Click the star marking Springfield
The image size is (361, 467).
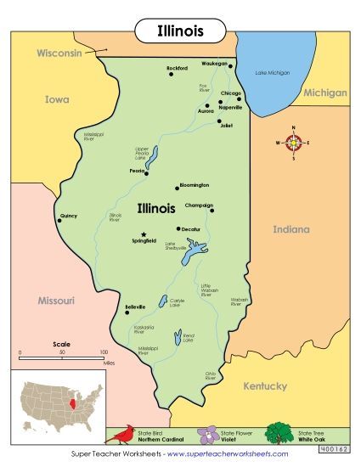click(x=144, y=234)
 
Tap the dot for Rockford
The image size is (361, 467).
click(x=171, y=74)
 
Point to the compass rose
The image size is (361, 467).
click(x=294, y=143)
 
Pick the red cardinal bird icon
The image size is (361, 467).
click(x=124, y=435)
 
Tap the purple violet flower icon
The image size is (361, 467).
click(x=206, y=435)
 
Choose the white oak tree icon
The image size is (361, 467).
click(x=279, y=434)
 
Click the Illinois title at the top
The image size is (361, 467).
click(x=180, y=31)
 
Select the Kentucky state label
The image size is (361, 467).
click(x=265, y=385)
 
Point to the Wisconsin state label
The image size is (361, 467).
click(x=59, y=53)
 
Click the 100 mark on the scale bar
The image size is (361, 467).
click(x=103, y=351)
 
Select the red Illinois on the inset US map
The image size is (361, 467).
click(x=79, y=401)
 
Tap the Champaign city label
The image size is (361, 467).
click(x=199, y=205)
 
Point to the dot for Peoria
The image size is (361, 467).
click(x=146, y=171)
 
